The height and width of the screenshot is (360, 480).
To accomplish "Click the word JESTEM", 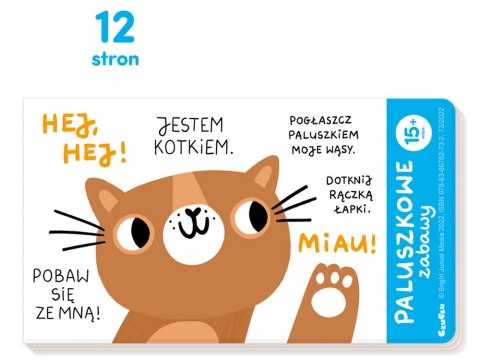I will coord(191,128).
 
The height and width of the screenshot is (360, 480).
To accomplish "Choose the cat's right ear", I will coord(262,175).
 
